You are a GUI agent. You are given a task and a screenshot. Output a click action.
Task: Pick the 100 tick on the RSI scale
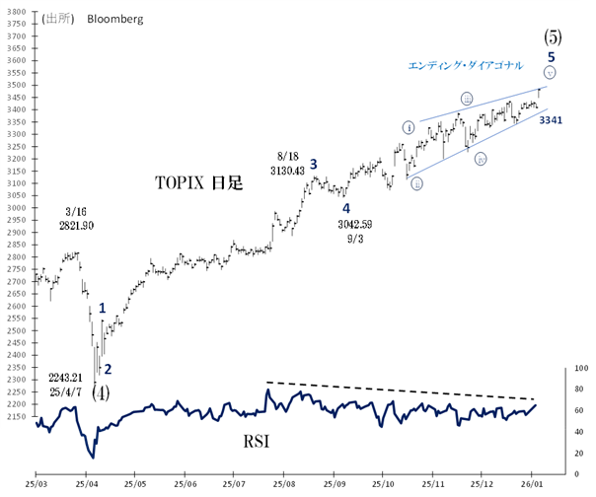coord(581,368)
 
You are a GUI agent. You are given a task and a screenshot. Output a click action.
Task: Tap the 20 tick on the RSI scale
coord(579,452)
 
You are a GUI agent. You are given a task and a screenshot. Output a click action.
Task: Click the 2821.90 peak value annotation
coord(77,226)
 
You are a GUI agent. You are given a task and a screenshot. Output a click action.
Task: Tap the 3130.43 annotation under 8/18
coord(293,171)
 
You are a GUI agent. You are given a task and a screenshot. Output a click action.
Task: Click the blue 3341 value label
coord(551,119)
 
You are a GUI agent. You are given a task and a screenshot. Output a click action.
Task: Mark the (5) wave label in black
coord(553,36)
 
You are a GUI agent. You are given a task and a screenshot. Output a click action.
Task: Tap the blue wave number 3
coord(314,164)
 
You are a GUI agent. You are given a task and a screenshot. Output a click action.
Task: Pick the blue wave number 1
coord(102,310)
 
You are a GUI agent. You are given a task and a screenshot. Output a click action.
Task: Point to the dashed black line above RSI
coord(414,390)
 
